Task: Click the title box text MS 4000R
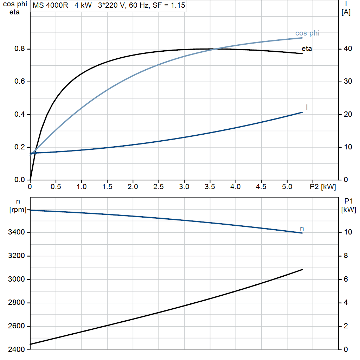(x=50, y=5)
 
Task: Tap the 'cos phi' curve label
(x=307, y=33)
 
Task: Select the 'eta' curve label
(x=307, y=49)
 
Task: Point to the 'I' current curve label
(x=307, y=107)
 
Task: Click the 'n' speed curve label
(x=302, y=229)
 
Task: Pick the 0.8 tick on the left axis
(x=20, y=49)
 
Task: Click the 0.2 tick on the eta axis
(x=20, y=147)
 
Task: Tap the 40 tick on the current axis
(x=348, y=49)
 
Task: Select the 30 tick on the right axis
(x=348, y=81)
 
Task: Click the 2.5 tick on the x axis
(x=159, y=187)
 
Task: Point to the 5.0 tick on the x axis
(x=287, y=187)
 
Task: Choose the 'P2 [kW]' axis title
(x=323, y=187)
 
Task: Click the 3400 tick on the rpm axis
(x=16, y=232)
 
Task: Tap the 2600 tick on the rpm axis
(x=16, y=326)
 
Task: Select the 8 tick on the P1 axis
(x=346, y=256)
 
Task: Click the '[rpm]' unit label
(x=18, y=210)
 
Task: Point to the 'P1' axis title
(x=348, y=201)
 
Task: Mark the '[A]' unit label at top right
(x=346, y=12)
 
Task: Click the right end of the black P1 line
(x=302, y=270)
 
